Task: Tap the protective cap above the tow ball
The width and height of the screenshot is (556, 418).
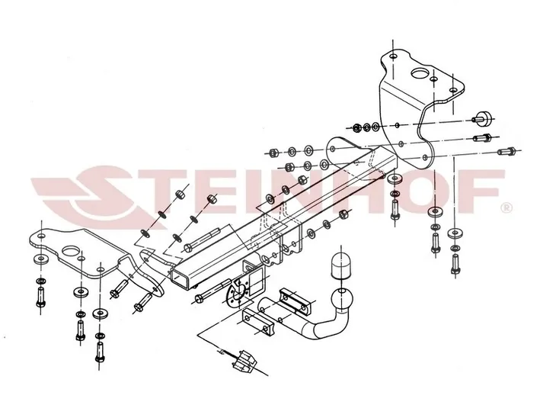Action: point(340,265)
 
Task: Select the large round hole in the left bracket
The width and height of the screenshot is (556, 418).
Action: point(70,252)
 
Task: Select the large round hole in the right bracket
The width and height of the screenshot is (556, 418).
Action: point(420,73)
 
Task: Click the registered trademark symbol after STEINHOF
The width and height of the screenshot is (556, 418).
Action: point(506,207)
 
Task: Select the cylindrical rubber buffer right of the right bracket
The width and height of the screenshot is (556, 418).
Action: point(483,118)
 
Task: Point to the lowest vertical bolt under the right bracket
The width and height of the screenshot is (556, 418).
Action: point(455,264)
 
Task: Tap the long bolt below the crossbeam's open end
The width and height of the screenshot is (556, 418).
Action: point(213,291)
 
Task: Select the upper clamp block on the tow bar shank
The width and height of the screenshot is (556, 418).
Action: point(296,301)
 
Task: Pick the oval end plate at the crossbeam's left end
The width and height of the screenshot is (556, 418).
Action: point(153,271)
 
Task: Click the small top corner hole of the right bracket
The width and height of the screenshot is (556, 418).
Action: point(393,56)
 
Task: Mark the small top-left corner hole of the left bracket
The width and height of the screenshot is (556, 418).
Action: point(41,236)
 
